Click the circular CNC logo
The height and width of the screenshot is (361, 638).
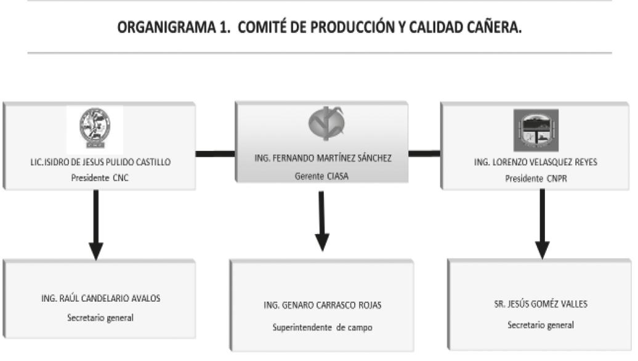pyautogui.click(x=95, y=128)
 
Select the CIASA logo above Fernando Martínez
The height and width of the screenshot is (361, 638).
pyautogui.click(x=322, y=123)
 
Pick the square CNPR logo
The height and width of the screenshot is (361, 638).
pyautogui.click(x=535, y=130)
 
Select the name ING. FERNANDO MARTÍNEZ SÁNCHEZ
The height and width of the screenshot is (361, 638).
pyautogui.click(x=322, y=158)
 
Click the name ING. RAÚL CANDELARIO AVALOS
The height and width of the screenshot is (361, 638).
pyautogui.click(x=100, y=299)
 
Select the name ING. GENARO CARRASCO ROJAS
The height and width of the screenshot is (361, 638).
pyautogui.click(x=323, y=305)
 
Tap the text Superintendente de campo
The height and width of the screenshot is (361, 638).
pyautogui.click(x=323, y=327)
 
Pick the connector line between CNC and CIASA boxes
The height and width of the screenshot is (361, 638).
pyautogui.click(x=216, y=153)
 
